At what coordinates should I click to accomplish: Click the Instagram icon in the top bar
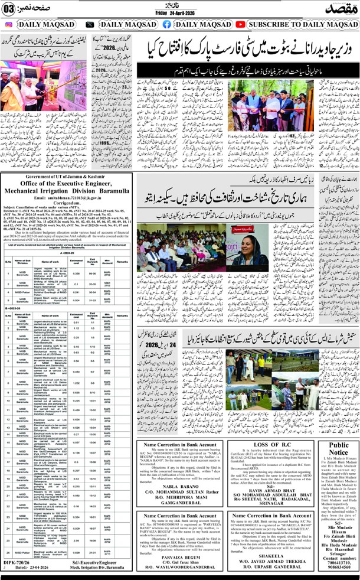pos(8,25)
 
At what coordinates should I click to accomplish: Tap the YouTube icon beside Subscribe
pos(240,25)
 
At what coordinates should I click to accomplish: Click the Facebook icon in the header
pos(167,25)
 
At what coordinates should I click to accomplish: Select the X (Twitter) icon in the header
pos(89,25)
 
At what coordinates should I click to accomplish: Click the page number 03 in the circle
pos(9,8)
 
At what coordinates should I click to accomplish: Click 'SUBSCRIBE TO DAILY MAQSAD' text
pos(301,25)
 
